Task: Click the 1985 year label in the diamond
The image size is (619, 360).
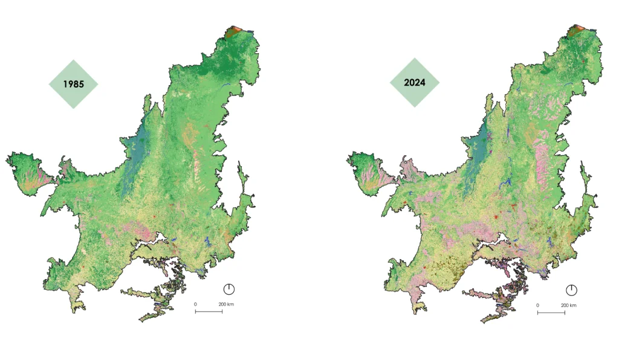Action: pyautogui.click(x=73, y=85)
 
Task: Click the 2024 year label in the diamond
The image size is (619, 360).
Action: pyautogui.click(x=415, y=82)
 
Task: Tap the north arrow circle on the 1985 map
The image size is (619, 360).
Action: pyautogui.click(x=229, y=289)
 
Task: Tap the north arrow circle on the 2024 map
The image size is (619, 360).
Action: pyautogui.click(x=572, y=290)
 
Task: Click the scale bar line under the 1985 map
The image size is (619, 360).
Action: pyautogui.click(x=208, y=312)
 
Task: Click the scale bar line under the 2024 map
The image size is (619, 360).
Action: pyautogui.click(x=551, y=313)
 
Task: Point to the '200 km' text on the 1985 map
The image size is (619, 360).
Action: pyautogui.click(x=225, y=304)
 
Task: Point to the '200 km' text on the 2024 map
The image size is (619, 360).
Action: pyautogui.click(x=568, y=305)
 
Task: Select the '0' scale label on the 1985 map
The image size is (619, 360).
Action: pyautogui.click(x=195, y=304)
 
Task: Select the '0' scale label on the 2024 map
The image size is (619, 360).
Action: pyautogui.click(x=537, y=305)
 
